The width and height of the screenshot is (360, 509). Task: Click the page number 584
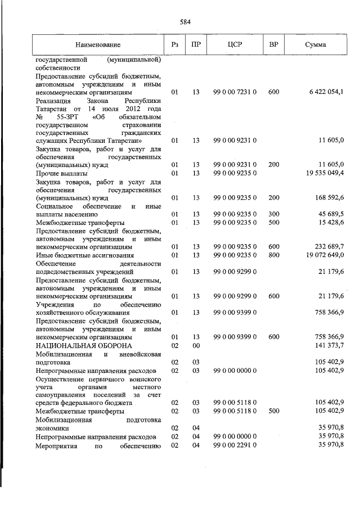coord(185,22)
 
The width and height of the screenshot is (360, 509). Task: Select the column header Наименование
coord(98,44)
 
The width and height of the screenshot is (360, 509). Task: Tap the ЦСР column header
coord(235,44)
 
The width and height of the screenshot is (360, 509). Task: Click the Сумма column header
coord(315,44)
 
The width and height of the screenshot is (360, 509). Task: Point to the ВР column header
coord(273,44)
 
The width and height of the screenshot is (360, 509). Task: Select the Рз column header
coord(175,44)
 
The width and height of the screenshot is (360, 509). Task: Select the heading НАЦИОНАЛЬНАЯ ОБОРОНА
coord(84,345)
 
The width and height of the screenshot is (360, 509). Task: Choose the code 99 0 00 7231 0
coord(235,91)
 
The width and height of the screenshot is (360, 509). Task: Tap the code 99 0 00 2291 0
coord(235,445)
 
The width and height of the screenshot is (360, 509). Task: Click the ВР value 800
coord(273,255)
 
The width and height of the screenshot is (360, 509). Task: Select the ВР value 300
coord(273,214)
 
